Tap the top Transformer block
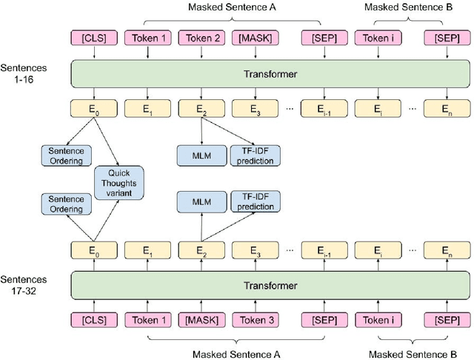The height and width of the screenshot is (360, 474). pos(270,74)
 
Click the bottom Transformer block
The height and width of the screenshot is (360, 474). pos(270,285)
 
